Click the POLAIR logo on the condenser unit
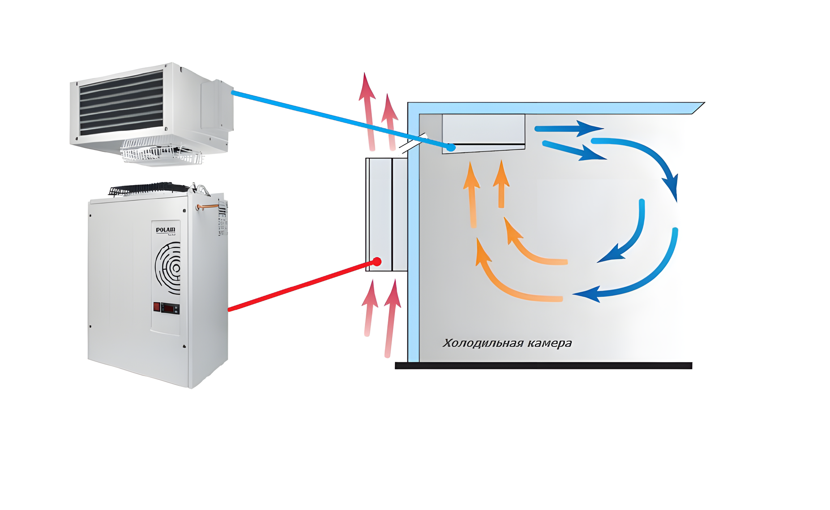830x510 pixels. click(166, 230)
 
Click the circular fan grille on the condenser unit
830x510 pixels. click(169, 268)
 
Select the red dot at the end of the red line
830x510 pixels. click(377, 262)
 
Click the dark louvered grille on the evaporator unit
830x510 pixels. click(121, 103)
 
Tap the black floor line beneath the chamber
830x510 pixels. click(543, 366)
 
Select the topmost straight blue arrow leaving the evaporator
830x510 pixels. click(569, 129)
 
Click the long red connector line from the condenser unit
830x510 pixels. click(300, 286)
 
